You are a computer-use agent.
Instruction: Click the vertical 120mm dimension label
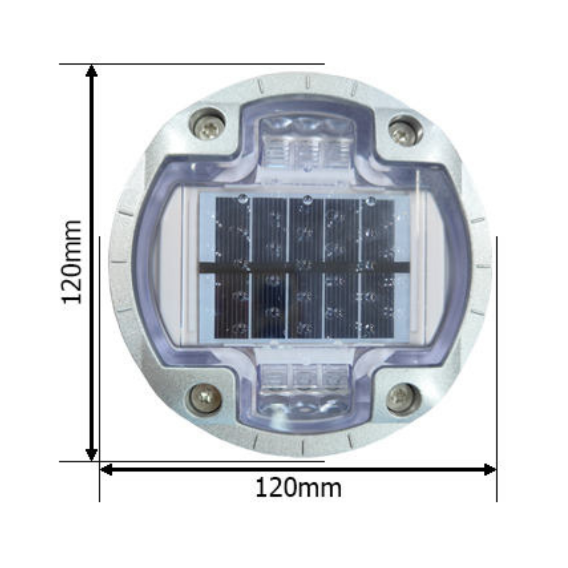click(72, 261)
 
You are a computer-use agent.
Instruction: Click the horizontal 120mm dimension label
click(298, 488)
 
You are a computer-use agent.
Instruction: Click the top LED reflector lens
click(307, 142)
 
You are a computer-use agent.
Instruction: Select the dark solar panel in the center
click(305, 267)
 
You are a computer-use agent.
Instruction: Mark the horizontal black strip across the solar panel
click(305, 268)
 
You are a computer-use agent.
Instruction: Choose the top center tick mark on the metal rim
click(307, 82)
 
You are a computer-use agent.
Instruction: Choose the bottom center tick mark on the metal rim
click(303, 446)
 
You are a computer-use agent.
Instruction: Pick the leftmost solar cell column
click(232, 267)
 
